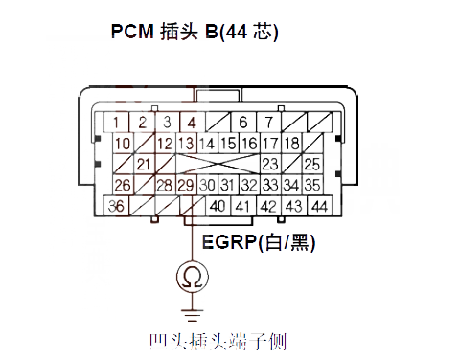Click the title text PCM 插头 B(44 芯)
[x=195, y=32]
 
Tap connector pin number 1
[x=116, y=122]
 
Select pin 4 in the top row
[x=193, y=122]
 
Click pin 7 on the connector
[x=270, y=122]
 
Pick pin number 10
[x=122, y=143]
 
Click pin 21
[x=144, y=164]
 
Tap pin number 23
[x=270, y=164]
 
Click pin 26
[x=122, y=185]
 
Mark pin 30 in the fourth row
[x=208, y=185]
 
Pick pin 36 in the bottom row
[x=116, y=206]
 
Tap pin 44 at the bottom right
[x=318, y=206]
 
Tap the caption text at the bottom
[x=218, y=342]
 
